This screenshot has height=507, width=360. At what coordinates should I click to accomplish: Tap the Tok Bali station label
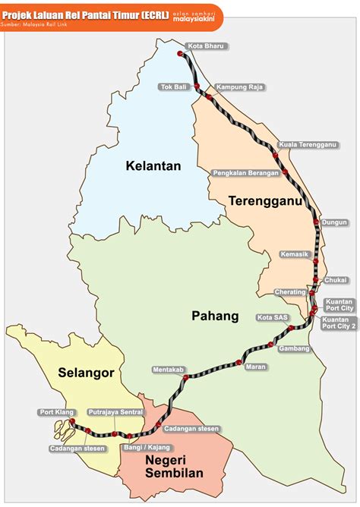point(172,87)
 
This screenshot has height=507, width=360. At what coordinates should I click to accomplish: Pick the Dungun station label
point(335,222)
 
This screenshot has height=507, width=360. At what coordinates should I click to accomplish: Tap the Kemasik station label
point(295,254)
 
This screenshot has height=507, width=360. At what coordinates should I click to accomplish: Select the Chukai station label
point(336,280)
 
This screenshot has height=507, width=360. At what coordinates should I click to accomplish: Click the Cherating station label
point(290,292)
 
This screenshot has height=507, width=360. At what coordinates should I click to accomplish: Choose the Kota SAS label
point(271,316)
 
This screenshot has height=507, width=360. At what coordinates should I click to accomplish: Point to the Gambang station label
point(295,348)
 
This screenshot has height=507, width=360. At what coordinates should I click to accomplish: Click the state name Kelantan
point(153,165)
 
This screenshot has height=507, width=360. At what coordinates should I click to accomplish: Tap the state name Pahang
point(215,316)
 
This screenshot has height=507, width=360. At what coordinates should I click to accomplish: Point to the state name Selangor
point(86,373)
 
